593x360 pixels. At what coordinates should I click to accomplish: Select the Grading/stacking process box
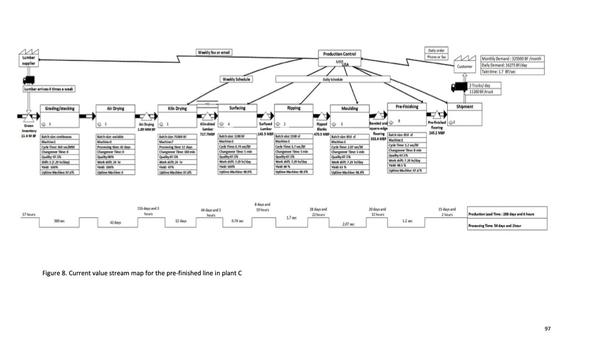(x=58, y=115)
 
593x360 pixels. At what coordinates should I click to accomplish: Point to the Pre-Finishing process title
(x=407, y=106)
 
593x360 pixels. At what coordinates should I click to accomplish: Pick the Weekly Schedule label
(x=236, y=79)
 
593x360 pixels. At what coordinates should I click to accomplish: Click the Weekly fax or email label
(x=214, y=52)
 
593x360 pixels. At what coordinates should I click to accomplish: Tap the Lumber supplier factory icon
(x=29, y=60)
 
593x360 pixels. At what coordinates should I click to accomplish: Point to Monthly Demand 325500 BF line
(x=511, y=59)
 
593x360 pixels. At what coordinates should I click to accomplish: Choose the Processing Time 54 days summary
(x=497, y=225)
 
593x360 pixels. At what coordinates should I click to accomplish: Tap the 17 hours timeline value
(x=28, y=215)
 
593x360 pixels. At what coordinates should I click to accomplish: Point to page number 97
(x=547, y=329)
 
